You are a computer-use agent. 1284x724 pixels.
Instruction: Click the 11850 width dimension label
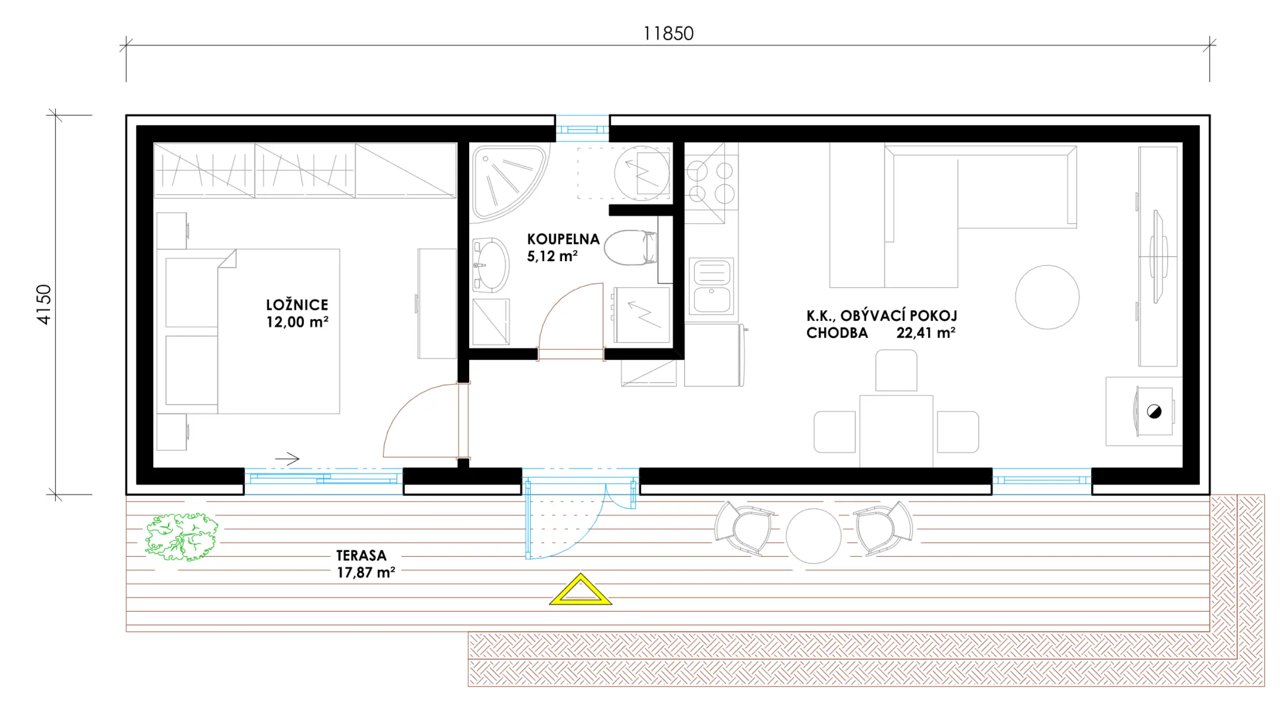[668, 34]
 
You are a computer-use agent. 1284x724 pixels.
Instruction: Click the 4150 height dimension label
[44, 305]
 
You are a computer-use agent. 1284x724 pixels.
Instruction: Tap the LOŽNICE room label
[297, 305]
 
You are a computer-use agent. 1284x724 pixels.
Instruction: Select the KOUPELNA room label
[563, 239]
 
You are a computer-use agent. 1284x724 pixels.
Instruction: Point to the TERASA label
[362, 555]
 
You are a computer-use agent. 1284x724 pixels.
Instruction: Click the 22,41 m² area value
[926, 333]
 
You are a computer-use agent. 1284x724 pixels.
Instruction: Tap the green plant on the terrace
[181, 537]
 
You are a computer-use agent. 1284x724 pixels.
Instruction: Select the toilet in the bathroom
[630, 248]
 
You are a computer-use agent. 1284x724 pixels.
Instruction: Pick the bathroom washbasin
[490, 265]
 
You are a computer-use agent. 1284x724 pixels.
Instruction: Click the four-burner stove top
[711, 182]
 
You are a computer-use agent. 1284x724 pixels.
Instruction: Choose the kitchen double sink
[711, 286]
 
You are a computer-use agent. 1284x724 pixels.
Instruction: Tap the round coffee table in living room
[1047, 297]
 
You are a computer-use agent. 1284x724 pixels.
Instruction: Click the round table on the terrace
[813, 536]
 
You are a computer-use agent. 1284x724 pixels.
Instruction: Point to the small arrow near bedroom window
[288, 459]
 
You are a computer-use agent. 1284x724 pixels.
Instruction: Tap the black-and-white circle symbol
[1154, 412]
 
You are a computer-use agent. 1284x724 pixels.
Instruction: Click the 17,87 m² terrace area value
[366, 572]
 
